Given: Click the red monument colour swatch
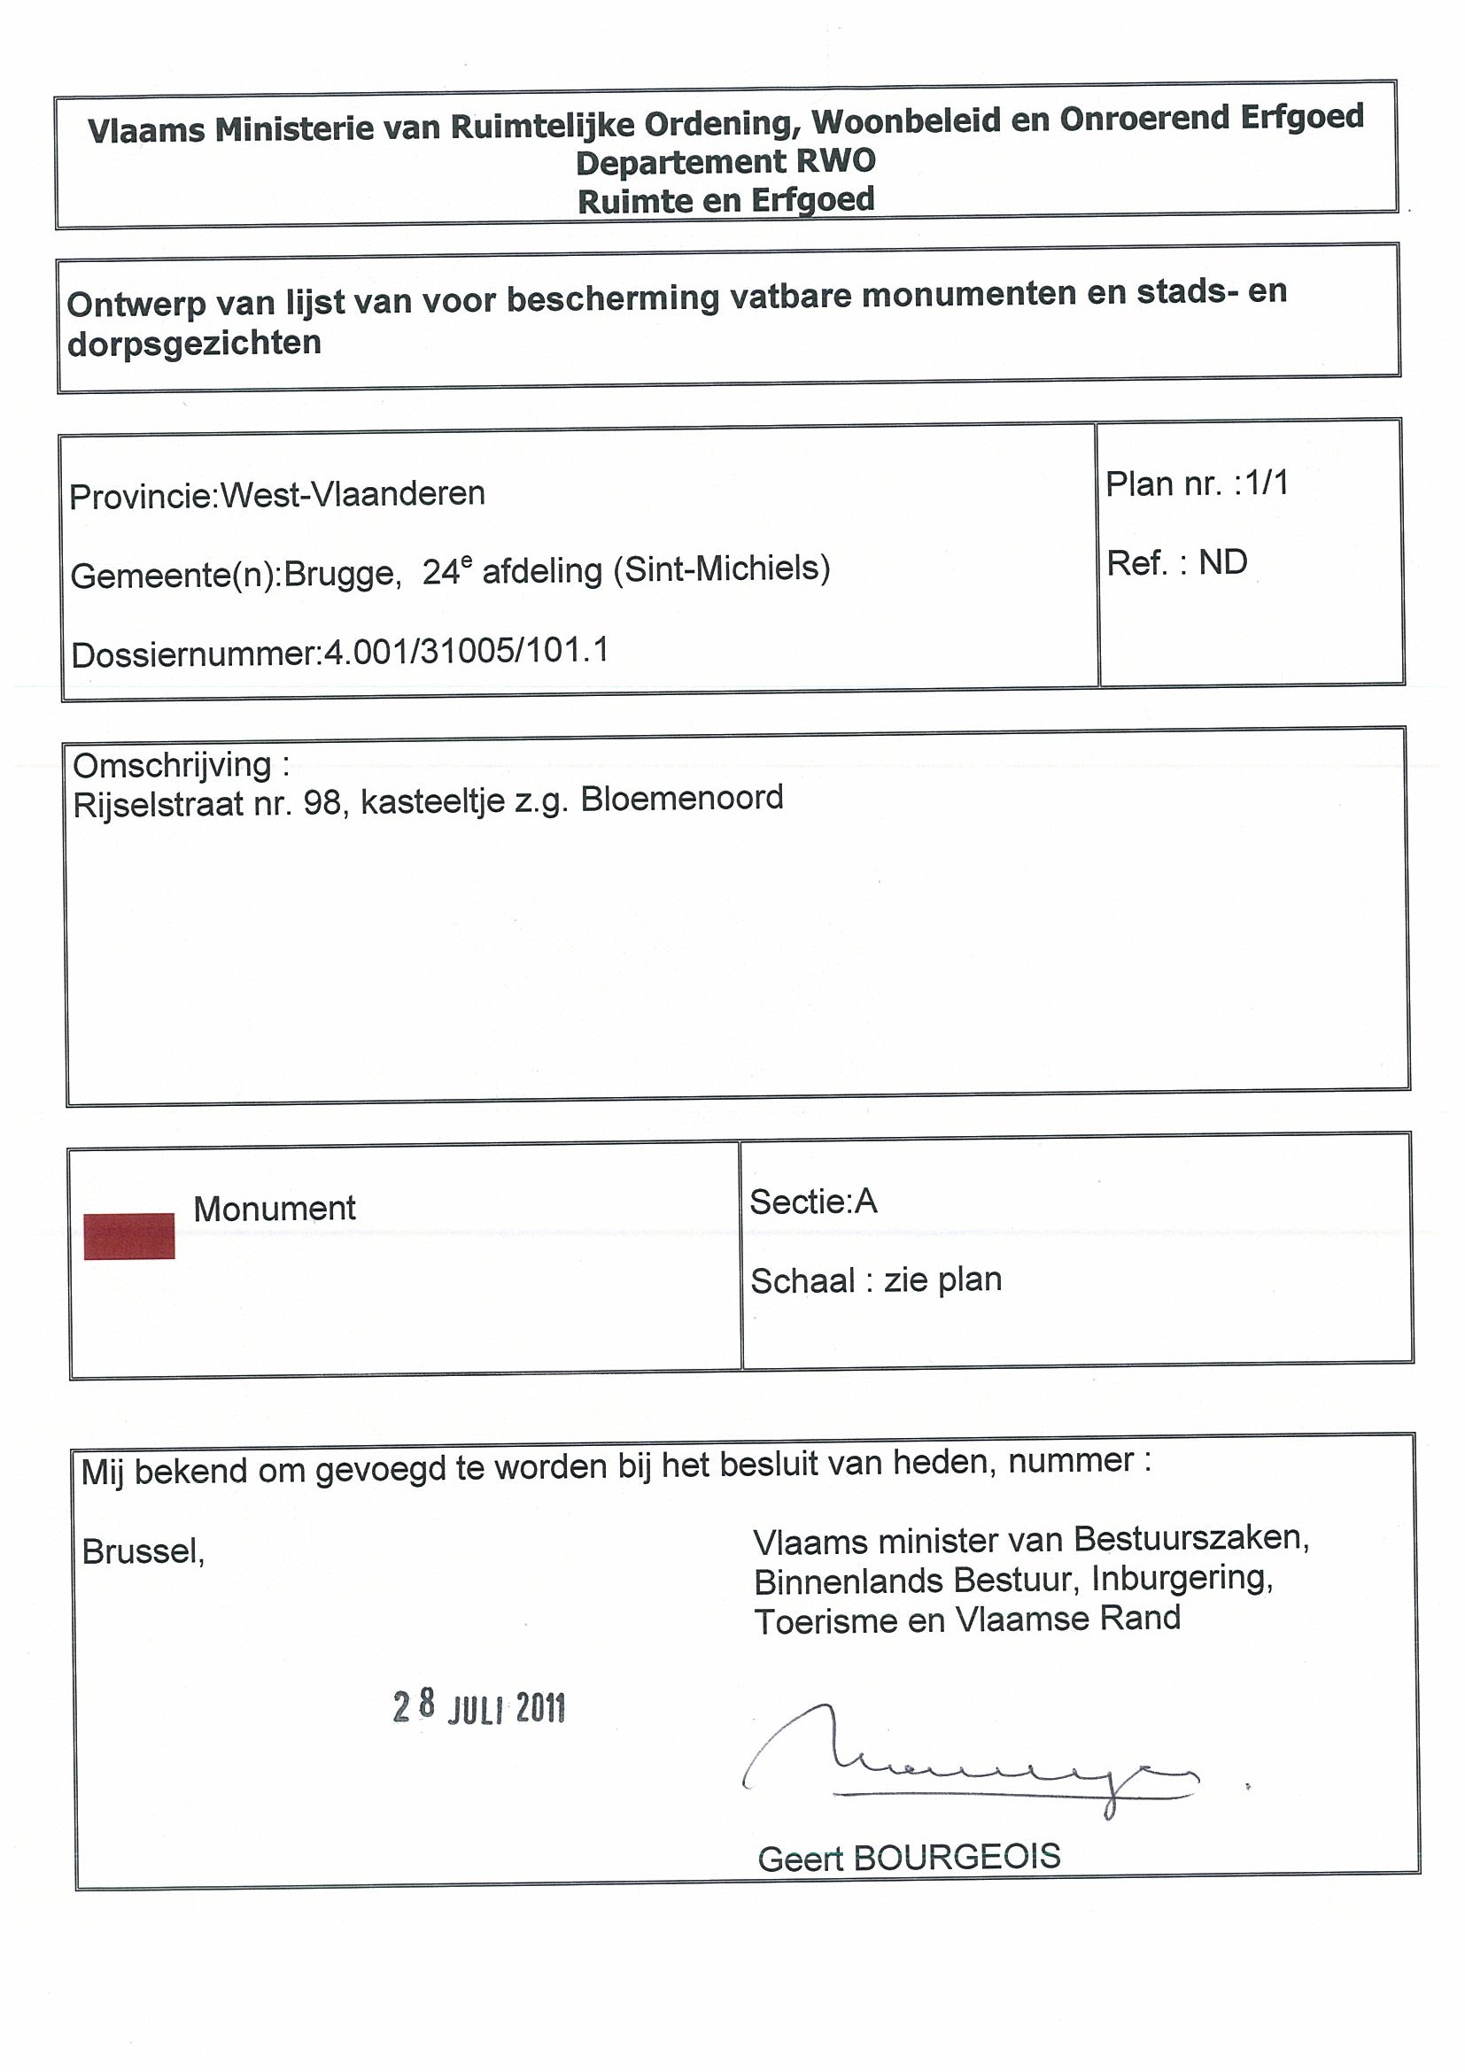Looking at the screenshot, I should coord(129,1234).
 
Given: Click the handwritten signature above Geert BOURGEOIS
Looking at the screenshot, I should coord(971,1761).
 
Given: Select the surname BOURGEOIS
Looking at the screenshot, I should coord(957,1857).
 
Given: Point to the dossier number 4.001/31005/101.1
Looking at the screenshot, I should coord(466,652).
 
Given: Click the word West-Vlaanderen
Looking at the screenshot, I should coord(353,493).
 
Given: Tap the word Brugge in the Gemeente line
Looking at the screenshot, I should coord(342,573).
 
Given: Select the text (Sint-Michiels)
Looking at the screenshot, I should coord(721,568).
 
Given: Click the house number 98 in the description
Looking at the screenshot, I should coord(322,802).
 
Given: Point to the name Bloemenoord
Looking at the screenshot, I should coord(681,799).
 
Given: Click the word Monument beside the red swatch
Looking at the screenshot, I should coord(275,1209).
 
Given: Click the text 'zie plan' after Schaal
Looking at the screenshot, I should coord(942,1280).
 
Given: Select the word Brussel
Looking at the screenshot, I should coord(143,1551).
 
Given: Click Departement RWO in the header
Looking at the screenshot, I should coord(725,161).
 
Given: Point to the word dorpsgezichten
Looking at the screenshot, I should coord(194,343).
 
